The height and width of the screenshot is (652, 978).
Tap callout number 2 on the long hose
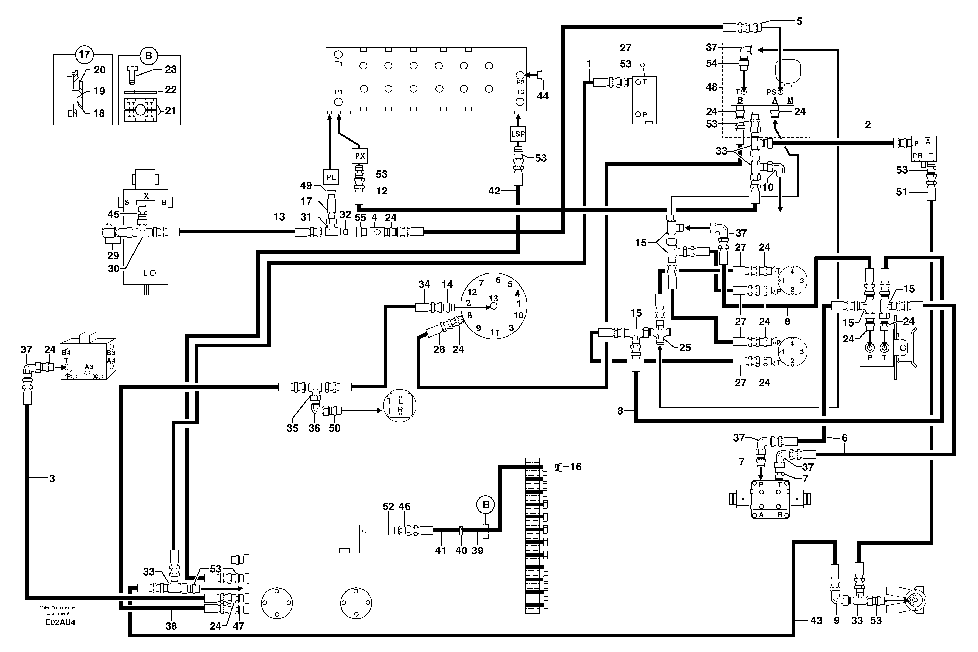tap(868, 125)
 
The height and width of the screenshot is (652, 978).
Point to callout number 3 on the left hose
tap(52, 479)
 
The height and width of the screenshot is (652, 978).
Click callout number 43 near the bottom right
tap(816, 620)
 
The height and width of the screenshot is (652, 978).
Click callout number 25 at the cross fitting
tap(685, 348)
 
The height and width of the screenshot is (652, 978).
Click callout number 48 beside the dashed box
tap(712, 87)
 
